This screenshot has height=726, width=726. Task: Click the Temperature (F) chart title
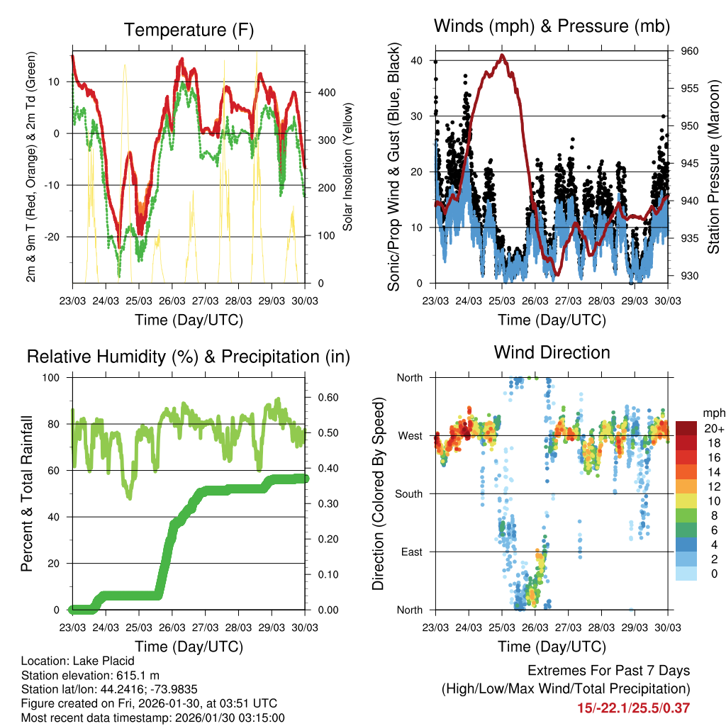(189, 30)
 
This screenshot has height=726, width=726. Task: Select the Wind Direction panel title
(552, 352)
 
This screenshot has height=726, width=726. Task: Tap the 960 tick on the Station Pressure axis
(690, 51)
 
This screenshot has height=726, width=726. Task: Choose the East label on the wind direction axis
(413, 552)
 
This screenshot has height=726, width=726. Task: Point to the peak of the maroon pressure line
(502, 55)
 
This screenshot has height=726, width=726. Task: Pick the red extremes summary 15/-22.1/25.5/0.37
(633, 708)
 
